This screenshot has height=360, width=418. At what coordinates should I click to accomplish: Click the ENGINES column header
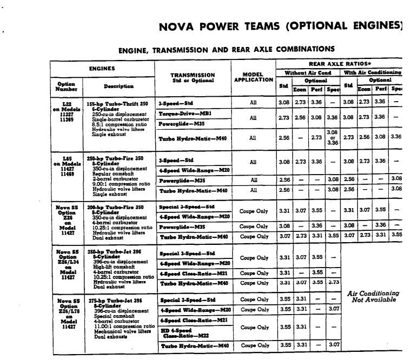(102, 69)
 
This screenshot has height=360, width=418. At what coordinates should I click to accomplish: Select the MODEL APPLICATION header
(254, 77)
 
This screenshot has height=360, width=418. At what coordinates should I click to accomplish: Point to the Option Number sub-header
(67, 86)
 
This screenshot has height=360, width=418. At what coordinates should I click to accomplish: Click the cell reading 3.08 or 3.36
(332, 137)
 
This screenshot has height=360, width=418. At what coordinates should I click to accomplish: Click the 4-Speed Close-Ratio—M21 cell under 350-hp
(191, 273)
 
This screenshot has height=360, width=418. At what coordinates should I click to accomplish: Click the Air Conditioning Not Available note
(374, 296)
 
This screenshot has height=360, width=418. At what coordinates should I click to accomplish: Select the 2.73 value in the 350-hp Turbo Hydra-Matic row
(333, 282)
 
